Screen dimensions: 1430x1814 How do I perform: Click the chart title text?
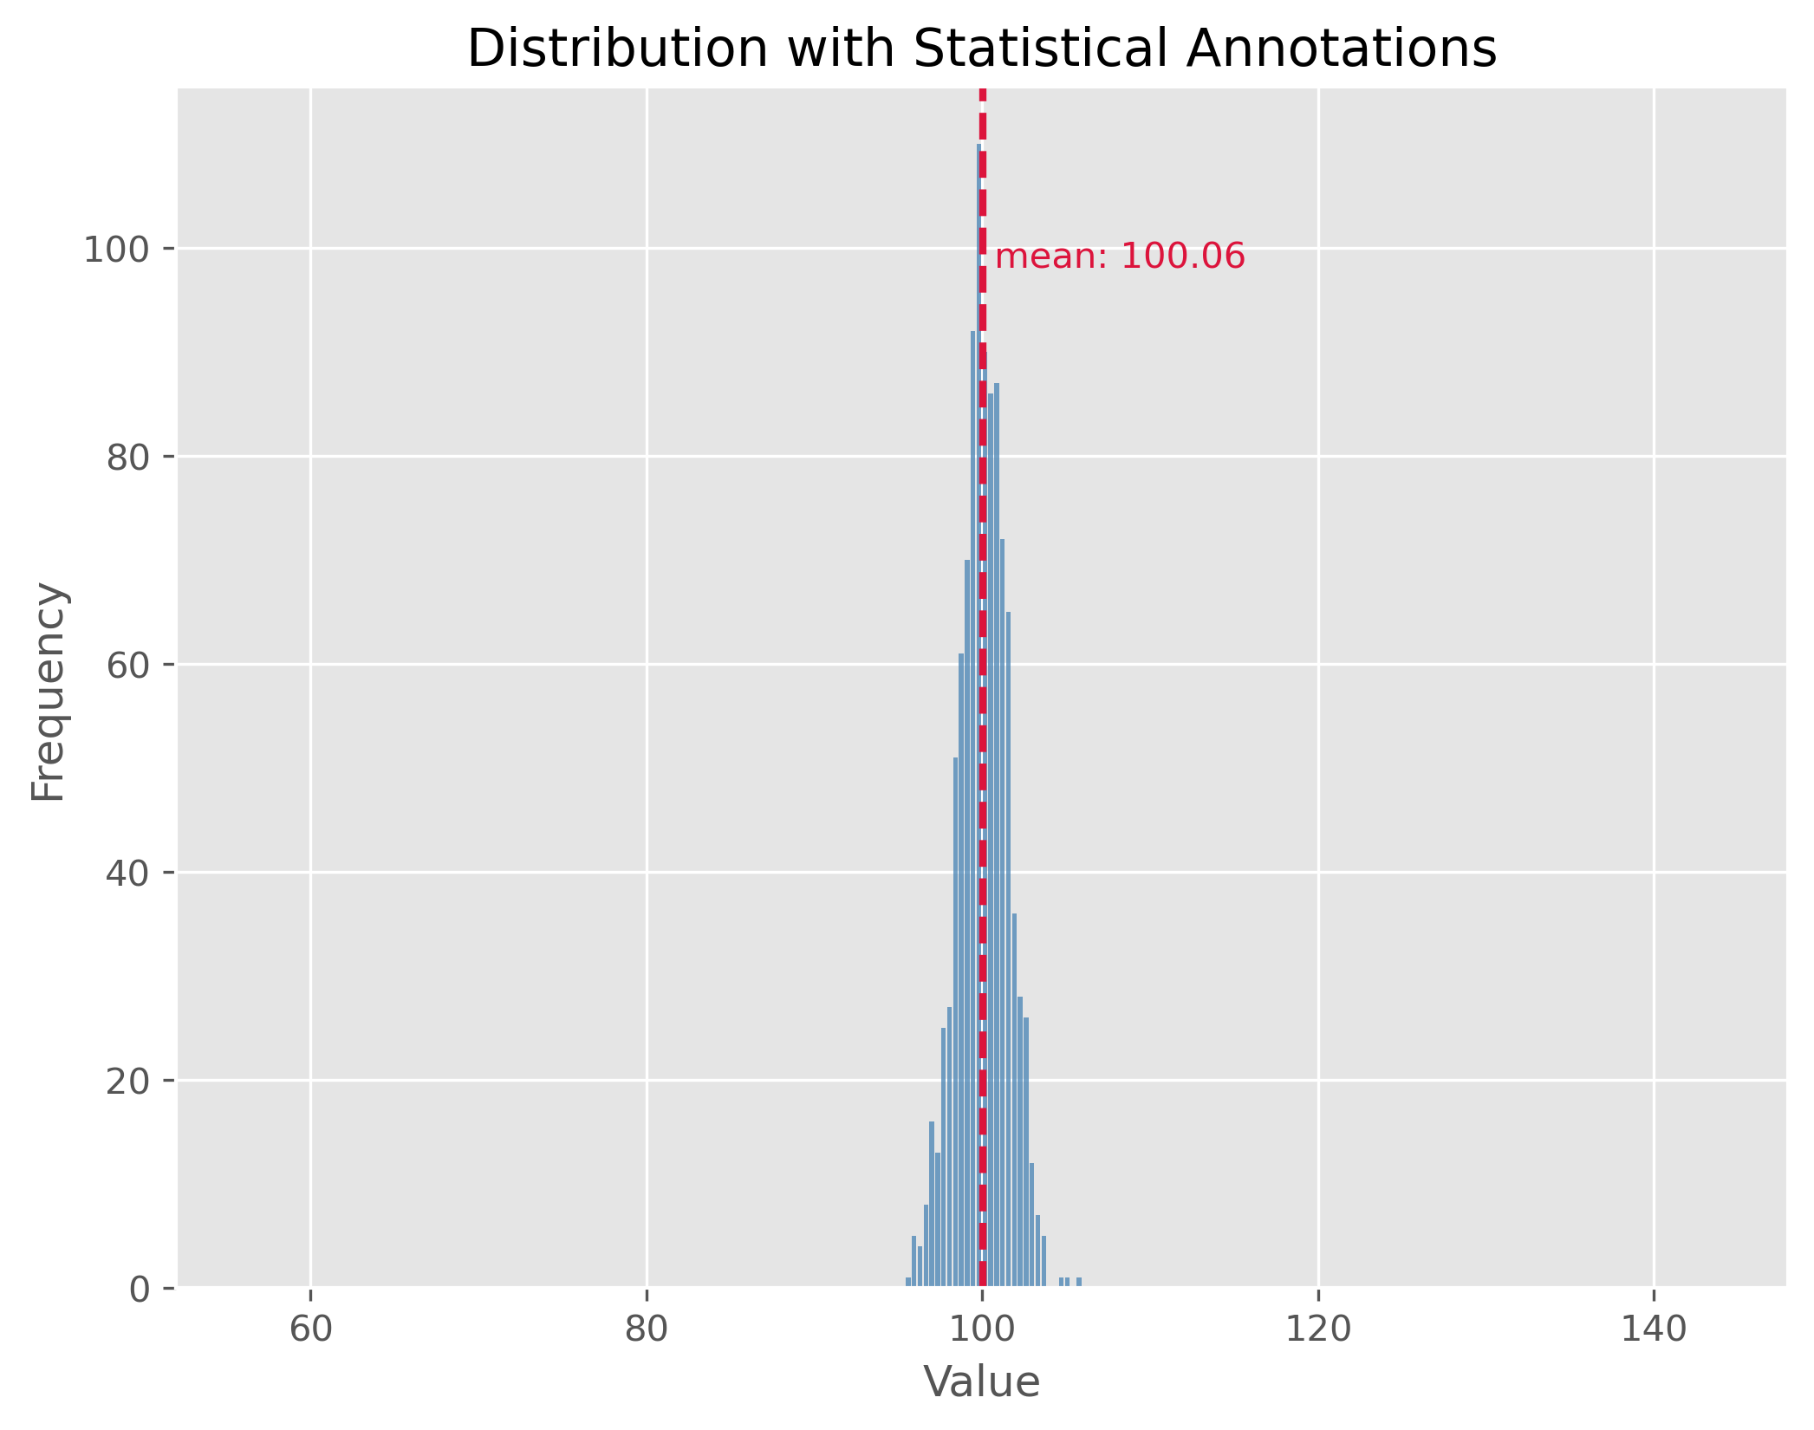981,49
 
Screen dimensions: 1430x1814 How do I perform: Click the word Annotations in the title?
1341,49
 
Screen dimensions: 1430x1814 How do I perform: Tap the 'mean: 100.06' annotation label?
1120,257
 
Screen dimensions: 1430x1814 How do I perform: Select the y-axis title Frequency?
49,692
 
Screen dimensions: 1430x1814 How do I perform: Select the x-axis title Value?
981,1382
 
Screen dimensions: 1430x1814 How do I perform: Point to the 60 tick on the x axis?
310,1329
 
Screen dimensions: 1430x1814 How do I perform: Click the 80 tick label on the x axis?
647,1329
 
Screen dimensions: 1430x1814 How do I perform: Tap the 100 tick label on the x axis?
982,1329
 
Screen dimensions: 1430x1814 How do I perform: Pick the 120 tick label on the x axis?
1318,1329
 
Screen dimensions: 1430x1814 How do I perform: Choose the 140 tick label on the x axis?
1654,1329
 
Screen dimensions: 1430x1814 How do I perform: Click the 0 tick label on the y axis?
139,1290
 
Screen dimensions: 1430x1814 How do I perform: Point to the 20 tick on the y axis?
128,1082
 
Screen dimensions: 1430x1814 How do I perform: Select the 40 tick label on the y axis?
128,874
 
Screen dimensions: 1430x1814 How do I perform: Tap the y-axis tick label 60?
128,666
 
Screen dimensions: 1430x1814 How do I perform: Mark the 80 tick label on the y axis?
128,458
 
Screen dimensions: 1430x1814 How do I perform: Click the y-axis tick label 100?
117,250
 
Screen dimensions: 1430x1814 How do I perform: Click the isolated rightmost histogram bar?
1079,1282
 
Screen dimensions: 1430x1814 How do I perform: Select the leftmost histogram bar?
908,1282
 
